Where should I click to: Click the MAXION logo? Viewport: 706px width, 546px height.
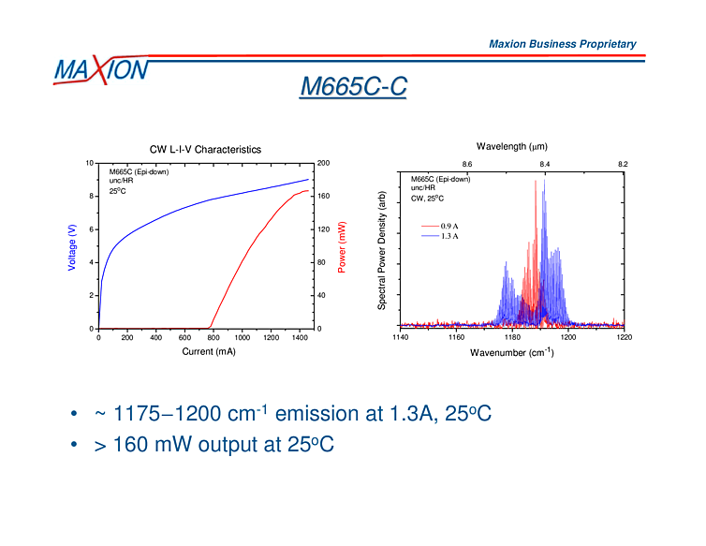tap(100, 70)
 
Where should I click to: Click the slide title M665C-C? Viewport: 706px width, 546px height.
tap(353, 86)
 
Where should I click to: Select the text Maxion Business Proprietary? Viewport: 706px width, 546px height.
tap(562, 44)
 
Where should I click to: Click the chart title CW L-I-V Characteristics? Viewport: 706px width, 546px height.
tap(205, 149)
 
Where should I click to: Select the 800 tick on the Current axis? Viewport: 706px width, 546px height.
tap(213, 337)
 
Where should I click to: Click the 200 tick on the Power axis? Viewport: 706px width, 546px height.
tap(324, 163)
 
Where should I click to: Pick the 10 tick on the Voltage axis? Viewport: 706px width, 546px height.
tap(89, 163)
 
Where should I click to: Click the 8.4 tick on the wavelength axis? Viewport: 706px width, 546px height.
tap(545, 163)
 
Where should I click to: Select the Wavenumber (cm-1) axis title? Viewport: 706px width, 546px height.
tap(511, 352)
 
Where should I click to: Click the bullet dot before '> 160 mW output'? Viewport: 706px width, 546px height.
tap(73, 445)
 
